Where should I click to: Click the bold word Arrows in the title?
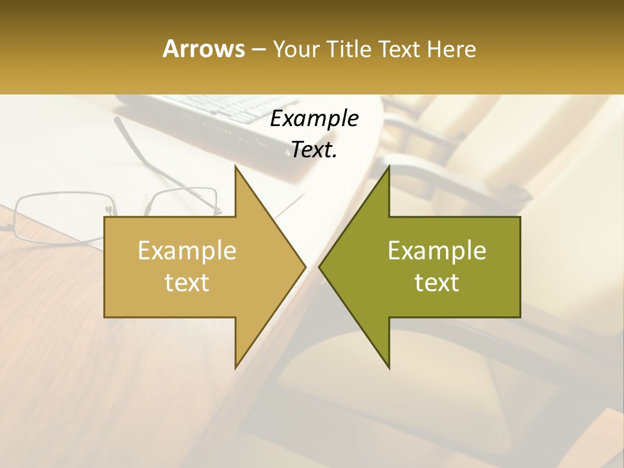click(x=203, y=49)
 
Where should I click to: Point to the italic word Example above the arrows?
click(x=315, y=119)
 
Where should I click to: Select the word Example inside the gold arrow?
click(x=187, y=251)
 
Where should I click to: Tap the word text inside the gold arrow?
click(x=187, y=283)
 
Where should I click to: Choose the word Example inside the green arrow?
click(x=437, y=251)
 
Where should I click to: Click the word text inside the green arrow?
click(x=437, y=283)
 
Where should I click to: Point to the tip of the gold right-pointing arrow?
click(x=305, y=266)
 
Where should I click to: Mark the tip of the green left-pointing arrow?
click(x=320, y=266)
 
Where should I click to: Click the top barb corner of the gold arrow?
click(x=236, y=166)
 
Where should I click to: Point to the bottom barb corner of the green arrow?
click(x=389, y=367)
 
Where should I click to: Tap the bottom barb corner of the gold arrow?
click(x=236, y=367)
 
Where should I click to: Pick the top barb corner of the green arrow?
click(x=389, y=166)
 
